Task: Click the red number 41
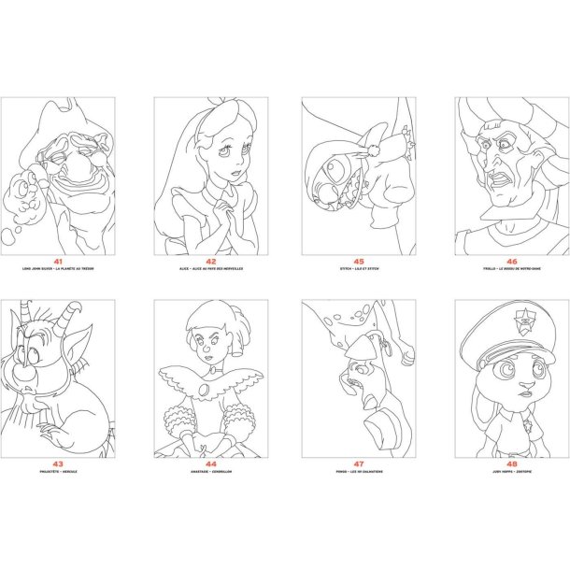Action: [x=58, y=262]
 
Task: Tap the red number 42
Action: [x=210, y=262]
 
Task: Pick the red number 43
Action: [x=58, y=464]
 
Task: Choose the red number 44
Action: [x=210, y=464]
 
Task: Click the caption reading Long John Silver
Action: [x=58, y=269]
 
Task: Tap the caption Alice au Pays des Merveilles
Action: [x=210, y=269]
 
